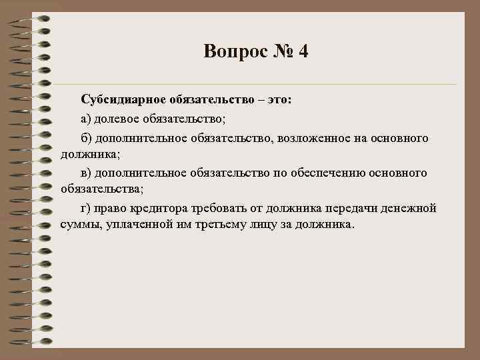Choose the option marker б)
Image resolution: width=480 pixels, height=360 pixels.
coord(87,138)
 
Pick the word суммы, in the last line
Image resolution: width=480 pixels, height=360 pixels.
coord(79,225)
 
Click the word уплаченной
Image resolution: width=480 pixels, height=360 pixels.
coord(136,225)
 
